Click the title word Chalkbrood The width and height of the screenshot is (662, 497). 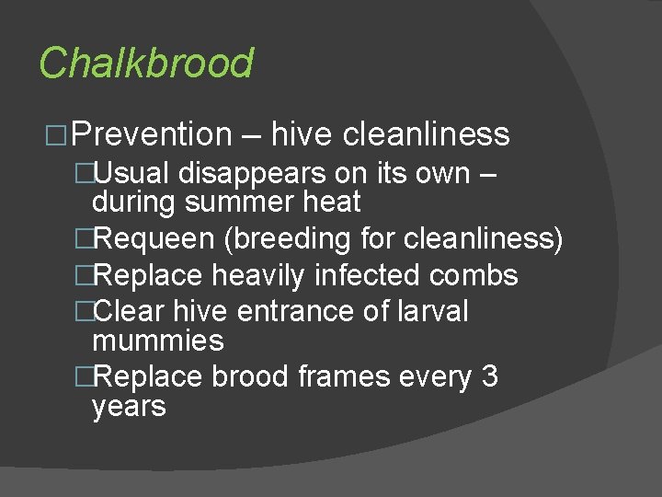click(145, 64)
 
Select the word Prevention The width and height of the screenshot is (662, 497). click(151, 134)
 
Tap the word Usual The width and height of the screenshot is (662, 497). click(133, 172)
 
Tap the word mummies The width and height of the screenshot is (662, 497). click(158, 341)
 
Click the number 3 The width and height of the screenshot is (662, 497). click(489, 376)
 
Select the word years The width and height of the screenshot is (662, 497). click(130, 406)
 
